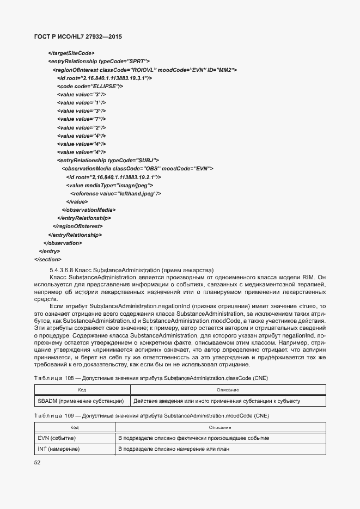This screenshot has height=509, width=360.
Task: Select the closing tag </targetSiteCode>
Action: click(71, 53)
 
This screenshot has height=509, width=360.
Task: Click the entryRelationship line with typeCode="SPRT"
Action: click(99, 62)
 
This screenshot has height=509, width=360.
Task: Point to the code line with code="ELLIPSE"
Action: click(90, 86)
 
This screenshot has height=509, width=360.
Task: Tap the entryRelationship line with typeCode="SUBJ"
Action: click(108, 160)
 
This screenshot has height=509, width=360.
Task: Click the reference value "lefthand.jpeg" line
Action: click(115, 193)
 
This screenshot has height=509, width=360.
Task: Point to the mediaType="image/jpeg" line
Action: click(109, 185)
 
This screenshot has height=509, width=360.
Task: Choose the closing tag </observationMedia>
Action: click(89, 210)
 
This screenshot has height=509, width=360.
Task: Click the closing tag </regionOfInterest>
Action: click(77, 226)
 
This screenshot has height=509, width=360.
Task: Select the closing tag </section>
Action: click(47, 259)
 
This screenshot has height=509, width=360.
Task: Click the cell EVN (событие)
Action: click(57, 438)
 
